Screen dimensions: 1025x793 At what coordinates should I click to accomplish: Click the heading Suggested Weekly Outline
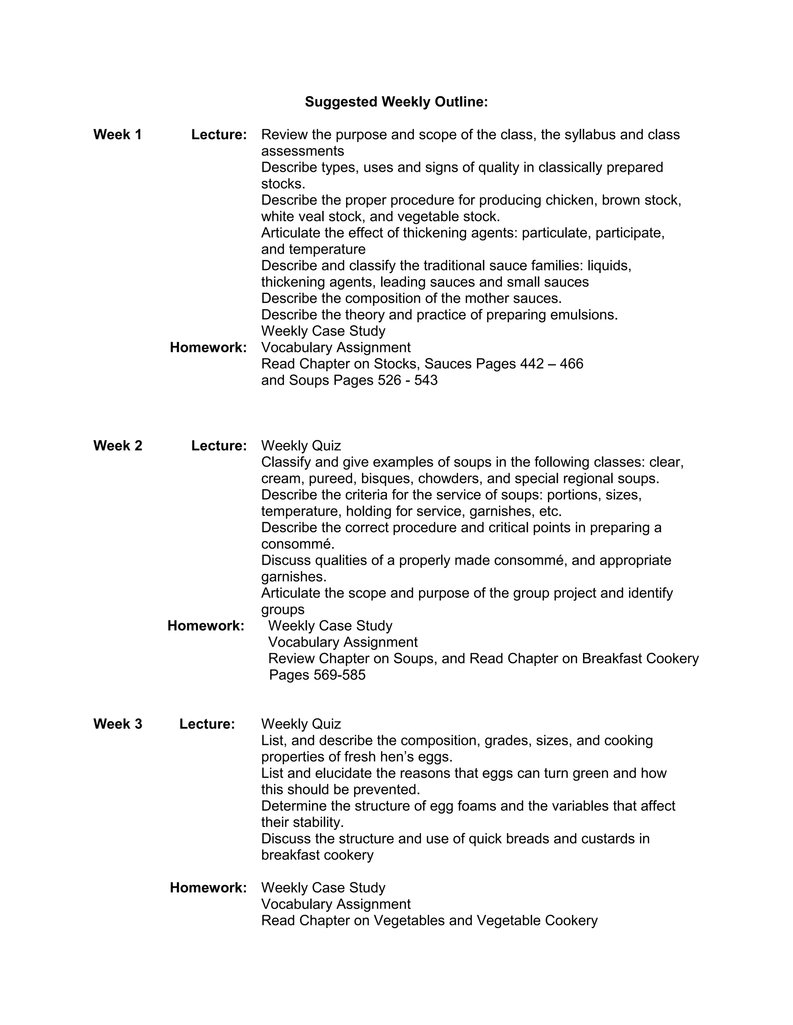(x=396, y=102)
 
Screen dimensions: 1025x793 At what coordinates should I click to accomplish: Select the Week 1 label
(x=117, y=135)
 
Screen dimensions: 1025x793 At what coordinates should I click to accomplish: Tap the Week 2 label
(x=117, y=445)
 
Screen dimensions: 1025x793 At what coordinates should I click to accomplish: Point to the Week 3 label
(x=117, y=724)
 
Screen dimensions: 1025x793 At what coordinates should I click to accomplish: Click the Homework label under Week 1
(x=208, y=347)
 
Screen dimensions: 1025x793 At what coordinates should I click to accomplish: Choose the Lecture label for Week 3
(x=207, y=724)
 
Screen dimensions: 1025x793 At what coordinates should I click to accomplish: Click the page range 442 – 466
(x=551, y=364)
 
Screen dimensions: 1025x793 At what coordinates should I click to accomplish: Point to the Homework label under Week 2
(x=206, y=625)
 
